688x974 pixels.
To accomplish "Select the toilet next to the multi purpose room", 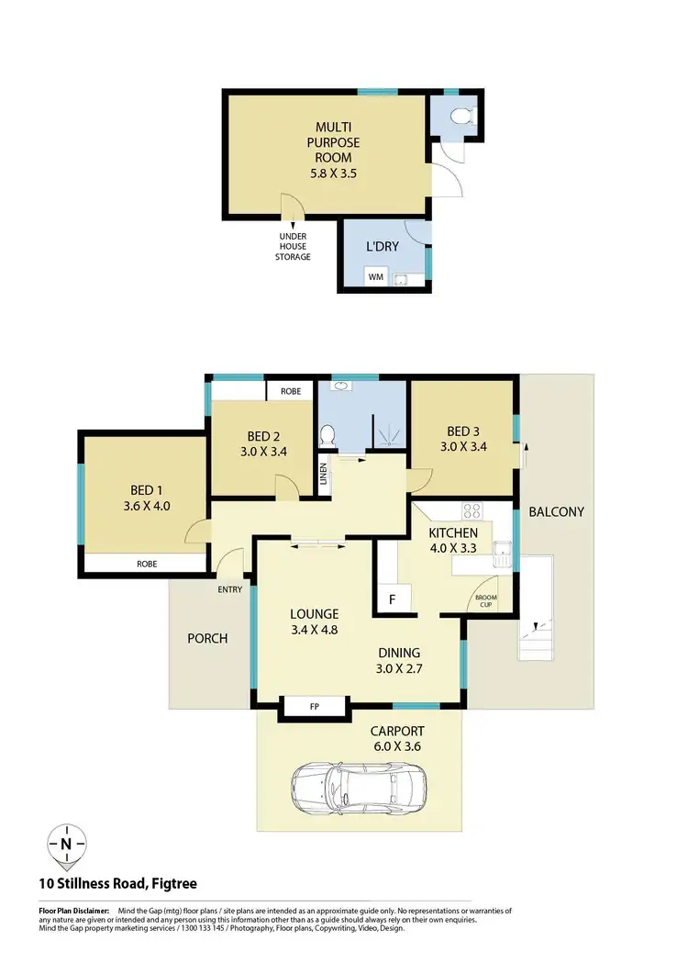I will coord(462,117).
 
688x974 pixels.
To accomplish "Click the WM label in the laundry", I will coord(374,275).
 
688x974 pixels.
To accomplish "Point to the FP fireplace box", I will coord(314,707).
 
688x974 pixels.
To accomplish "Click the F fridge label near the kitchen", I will coord(392,599).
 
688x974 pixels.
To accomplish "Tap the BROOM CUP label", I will coord(483,601).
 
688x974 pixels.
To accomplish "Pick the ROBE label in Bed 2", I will coord(291,391).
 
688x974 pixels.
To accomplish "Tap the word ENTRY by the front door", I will coord(228,590).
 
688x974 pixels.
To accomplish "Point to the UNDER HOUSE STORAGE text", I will coord(293,246).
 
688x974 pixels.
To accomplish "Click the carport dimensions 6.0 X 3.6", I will coord(396,747).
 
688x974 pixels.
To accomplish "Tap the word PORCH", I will coord(208,638).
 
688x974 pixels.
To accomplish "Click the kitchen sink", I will coord(502,553).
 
